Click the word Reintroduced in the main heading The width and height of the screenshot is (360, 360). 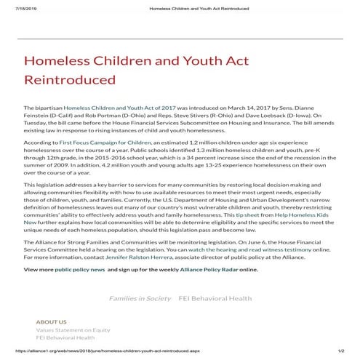click(x=70, y=79)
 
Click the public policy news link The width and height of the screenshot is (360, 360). click(x=80, y=268)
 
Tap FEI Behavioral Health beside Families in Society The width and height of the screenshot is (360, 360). click(x=215, y=298)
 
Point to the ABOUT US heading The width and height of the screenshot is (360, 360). click(x=51, y=321)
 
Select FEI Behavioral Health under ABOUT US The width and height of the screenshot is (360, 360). click(x=65, y=337)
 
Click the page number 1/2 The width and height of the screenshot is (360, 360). click(x=340, y=353)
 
